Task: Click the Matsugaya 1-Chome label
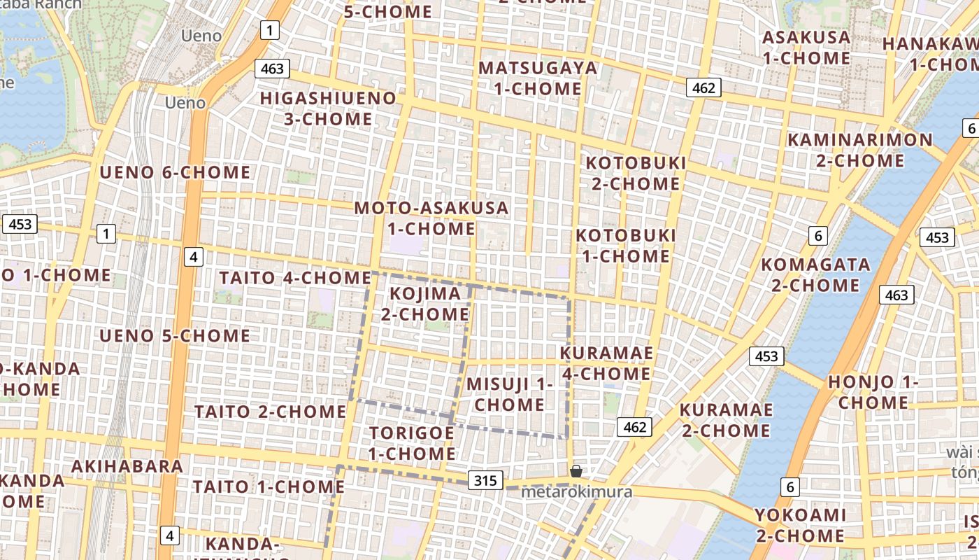538,78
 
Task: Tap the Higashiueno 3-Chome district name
328,108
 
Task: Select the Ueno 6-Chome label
175,172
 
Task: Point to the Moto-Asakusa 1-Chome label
431,218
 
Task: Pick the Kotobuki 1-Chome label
626,246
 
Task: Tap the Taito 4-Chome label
294,278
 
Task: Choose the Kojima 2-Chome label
425,304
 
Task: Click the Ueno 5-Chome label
175,336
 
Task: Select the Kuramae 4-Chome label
606,363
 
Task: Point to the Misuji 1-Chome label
510,394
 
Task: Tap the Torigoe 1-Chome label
412,443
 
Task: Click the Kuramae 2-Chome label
727,420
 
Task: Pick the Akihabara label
127,466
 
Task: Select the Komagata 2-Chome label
815,275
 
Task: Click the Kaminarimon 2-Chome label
860,150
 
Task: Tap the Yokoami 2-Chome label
800,526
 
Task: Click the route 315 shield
485,480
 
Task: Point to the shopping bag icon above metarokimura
576,471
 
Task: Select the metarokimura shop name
577,492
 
